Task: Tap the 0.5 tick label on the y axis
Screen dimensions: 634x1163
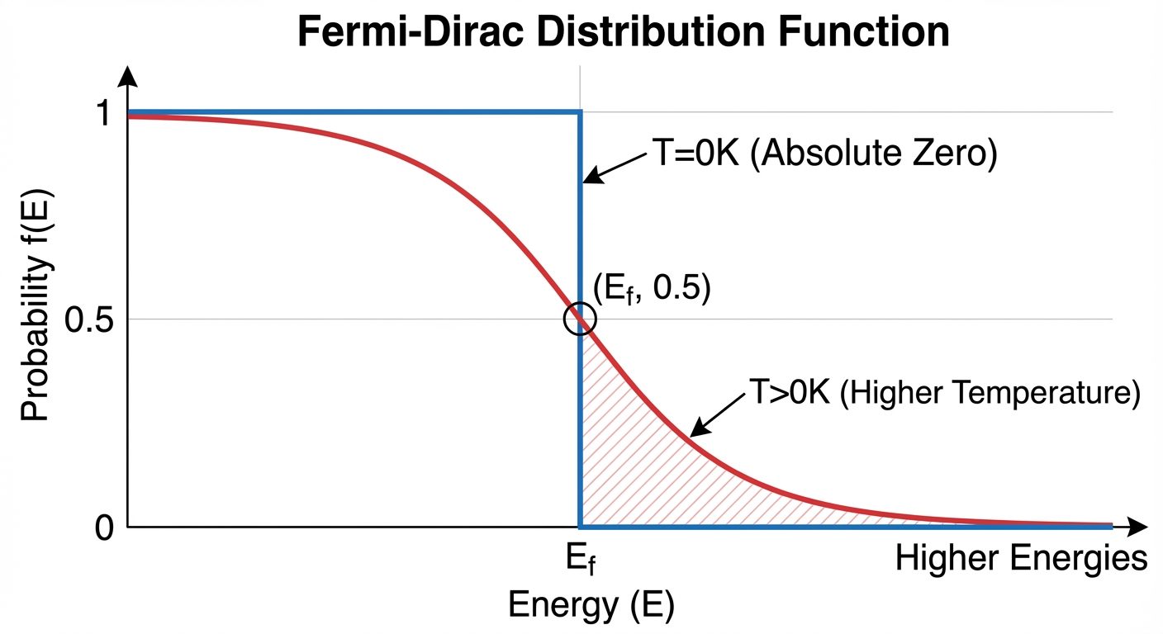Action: click(89, 319)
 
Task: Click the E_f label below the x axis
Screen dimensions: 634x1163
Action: click(581, 561)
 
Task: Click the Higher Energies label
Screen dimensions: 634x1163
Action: click(1021, 560)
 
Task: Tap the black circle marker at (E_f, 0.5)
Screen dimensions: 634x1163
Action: click(580, 319)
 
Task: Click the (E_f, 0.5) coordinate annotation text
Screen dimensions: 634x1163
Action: click(652, 291)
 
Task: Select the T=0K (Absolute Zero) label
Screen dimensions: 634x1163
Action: click(824, 154)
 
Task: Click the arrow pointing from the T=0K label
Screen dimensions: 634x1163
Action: click(615, 168)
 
